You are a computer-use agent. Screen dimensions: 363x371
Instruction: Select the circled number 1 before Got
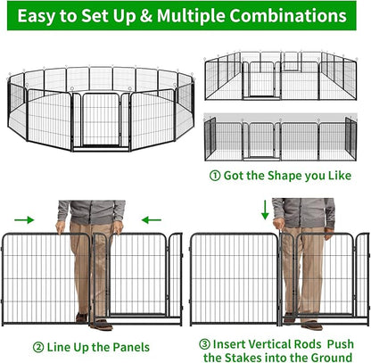pos(214,175)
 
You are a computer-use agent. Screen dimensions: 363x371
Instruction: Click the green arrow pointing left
pos(152,217)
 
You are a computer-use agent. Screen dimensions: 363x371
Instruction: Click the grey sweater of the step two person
pos(89,211)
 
